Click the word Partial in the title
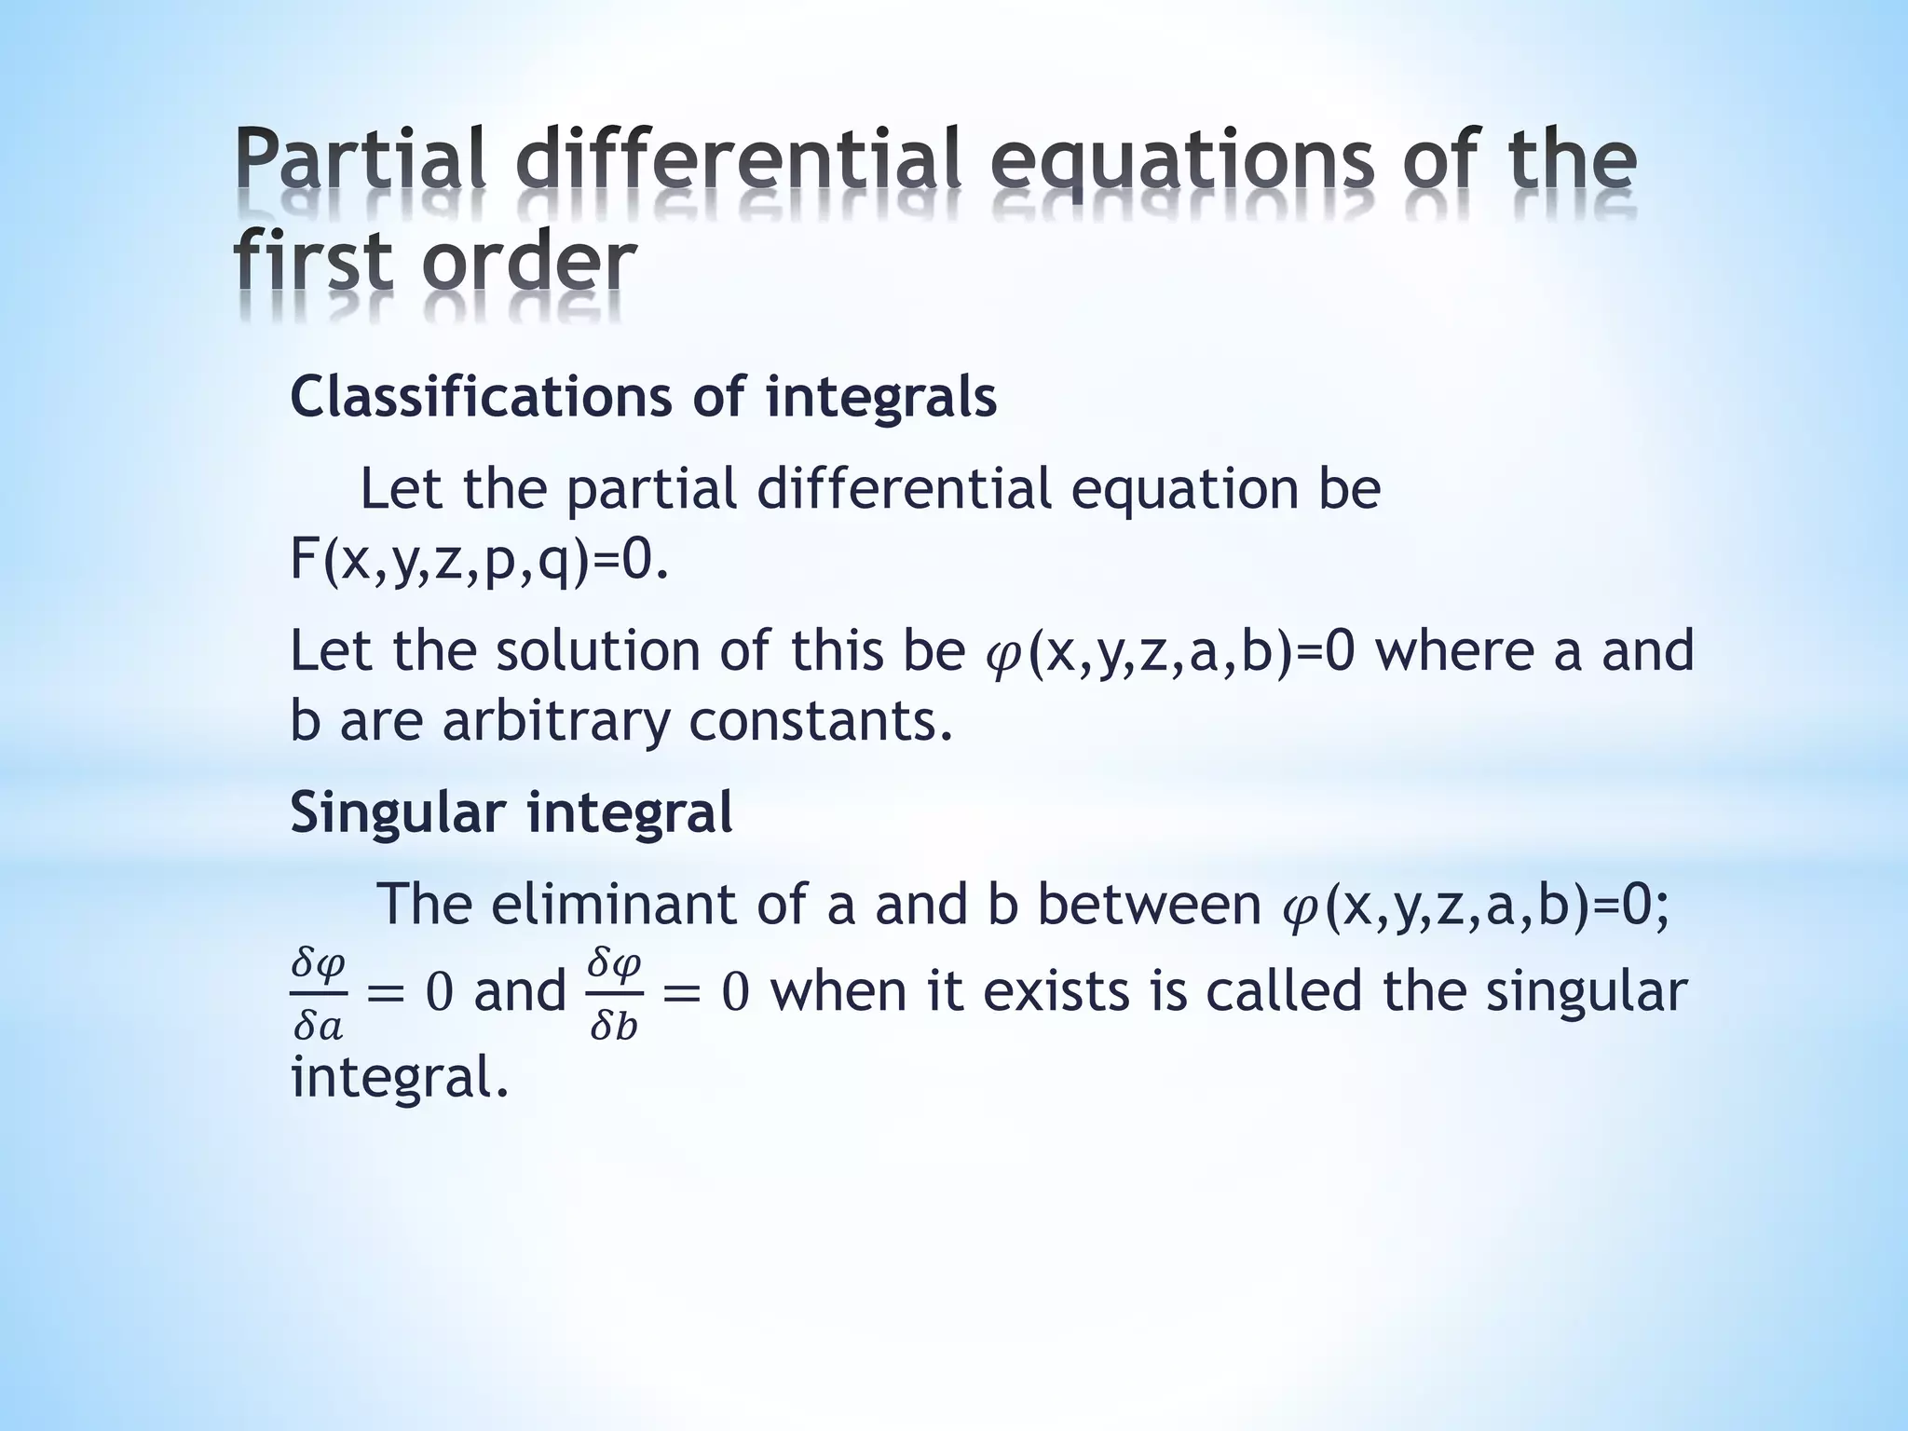pos(360,160)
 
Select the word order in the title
pos(528,262)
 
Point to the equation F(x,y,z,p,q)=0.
pos(479,560)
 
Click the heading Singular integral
pos(511,811)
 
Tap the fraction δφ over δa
pos(318,994)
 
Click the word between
pos(1149,904)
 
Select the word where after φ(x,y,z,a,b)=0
pos(1455,650)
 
